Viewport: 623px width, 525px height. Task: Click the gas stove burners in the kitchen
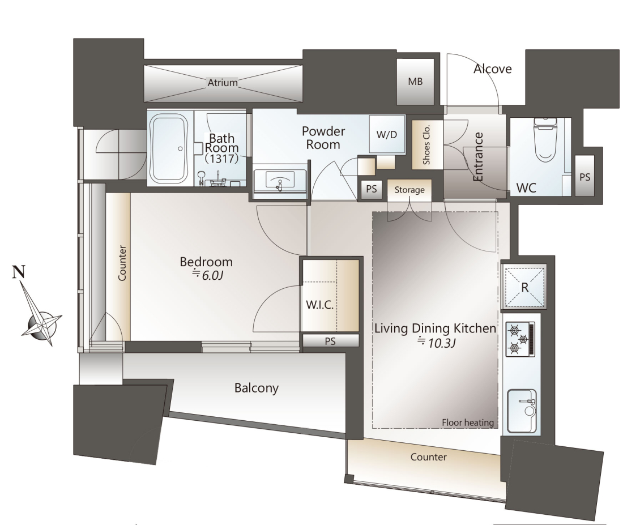pos(520,339)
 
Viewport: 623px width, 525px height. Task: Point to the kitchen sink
pos(522,411)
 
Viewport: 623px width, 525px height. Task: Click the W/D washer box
pos(387,134)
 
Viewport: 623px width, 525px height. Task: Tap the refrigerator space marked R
pos(524,287)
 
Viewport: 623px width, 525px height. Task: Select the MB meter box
pos(415,82)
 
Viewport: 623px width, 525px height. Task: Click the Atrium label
pos(223,83)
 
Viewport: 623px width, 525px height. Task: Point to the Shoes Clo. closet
pos(426,144)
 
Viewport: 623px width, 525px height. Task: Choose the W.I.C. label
pos(319,305)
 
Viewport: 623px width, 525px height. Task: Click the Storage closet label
pos(409,190)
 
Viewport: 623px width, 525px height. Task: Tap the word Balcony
pos(256,388)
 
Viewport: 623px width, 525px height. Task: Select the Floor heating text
pos(468,422)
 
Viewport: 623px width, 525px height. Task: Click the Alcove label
pos(492,69)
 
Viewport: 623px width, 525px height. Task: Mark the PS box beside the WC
pos(585,176)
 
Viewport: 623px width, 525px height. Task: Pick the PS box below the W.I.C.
pos(331,341)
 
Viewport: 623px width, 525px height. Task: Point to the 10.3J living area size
pos(436,342)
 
